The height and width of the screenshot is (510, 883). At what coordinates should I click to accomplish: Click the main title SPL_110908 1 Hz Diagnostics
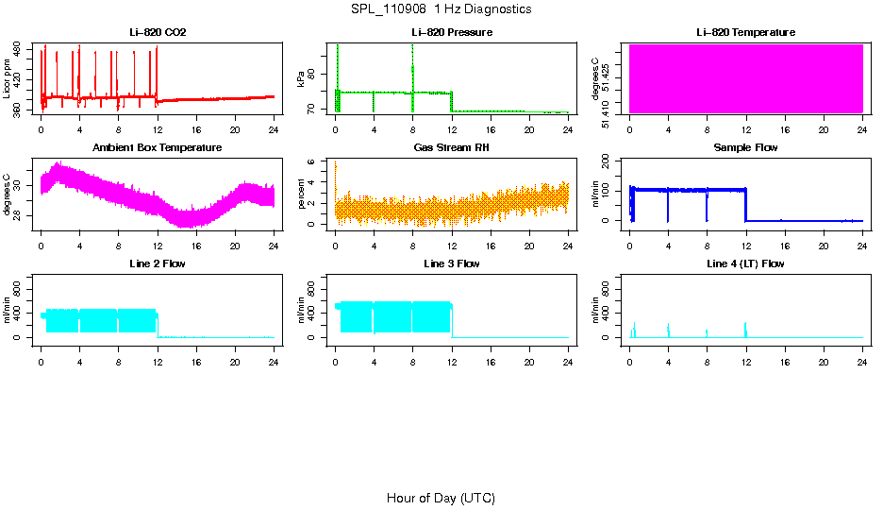coord(441,9)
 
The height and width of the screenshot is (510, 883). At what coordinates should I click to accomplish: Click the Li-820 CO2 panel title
coord(158,33)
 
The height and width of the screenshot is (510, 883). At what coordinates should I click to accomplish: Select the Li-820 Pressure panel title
coord(452,33)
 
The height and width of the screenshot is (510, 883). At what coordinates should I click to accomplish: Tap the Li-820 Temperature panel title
coord(745,33)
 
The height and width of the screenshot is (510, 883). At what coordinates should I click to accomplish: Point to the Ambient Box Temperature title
coord(158,148)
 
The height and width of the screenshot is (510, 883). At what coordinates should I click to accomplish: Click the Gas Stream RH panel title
coord(452,148)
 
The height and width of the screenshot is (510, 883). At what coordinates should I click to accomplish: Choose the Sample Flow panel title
coord(745,148)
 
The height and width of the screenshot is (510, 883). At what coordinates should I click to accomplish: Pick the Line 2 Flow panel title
coord(158,263)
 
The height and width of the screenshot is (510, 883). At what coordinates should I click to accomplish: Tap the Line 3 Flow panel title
coord(452,263)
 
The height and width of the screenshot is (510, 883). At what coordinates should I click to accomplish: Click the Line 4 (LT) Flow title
coord(745,263)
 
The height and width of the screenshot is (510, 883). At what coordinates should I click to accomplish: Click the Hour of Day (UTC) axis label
coord(441,498)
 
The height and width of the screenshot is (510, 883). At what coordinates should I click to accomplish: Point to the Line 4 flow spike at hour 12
coord(745,329)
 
